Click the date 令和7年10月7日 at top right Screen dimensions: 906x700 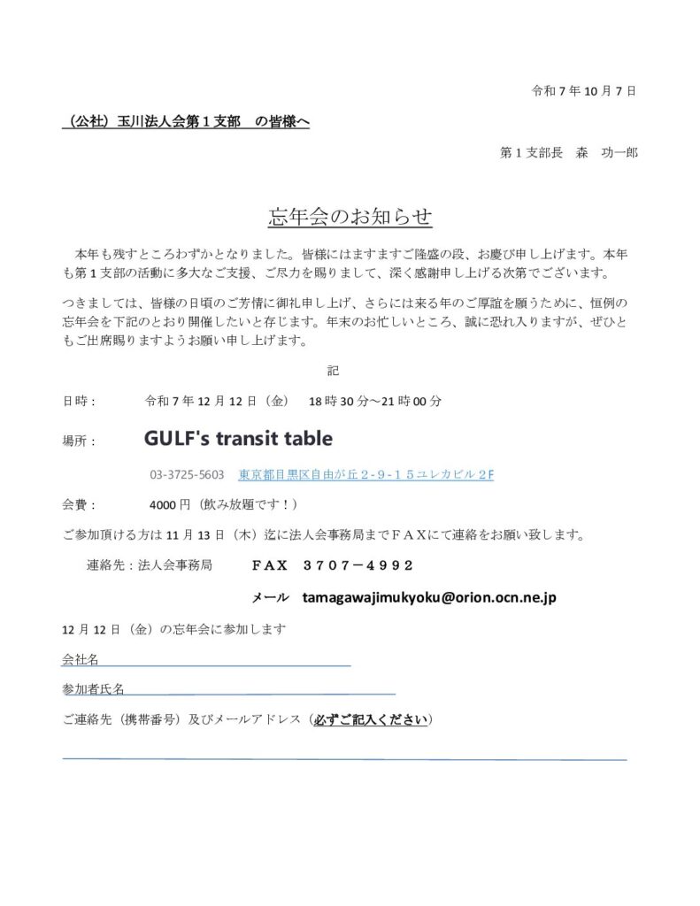pos(583,90)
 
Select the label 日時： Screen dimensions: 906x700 pos(79,401)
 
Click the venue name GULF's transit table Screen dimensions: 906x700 pos(238,438)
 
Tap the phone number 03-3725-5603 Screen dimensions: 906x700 pos(187,474)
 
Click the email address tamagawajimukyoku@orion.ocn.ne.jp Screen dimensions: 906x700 pos(428,598)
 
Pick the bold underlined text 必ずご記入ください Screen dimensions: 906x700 pos(371,720)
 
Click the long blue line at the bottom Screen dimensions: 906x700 pos(344,758)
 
